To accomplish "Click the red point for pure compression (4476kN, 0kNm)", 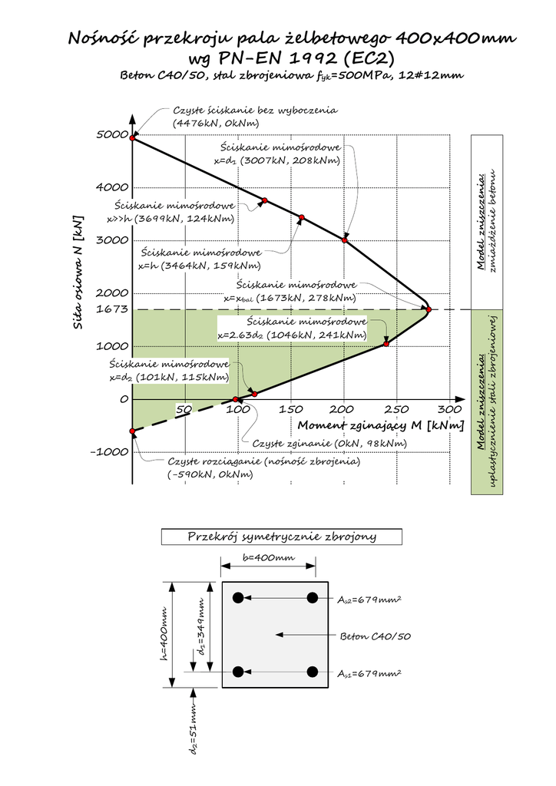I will coord(133,138).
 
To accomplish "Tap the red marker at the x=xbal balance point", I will coord(429,309).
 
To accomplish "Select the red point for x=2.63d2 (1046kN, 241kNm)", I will coord(386,343).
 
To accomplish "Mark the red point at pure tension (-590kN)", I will coord(133,431).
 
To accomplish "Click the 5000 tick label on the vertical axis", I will coord(112,135).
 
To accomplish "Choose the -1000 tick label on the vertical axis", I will coord(108,451).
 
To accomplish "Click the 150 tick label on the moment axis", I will coord(290,409).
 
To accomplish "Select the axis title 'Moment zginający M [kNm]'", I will coord(380,425).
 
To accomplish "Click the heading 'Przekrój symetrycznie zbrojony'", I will coord(282,537).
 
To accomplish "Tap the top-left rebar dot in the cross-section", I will coord(238,597).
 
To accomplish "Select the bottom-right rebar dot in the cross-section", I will coord(313,672).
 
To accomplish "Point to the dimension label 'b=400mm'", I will coord(268,557).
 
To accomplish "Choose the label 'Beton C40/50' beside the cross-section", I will coord(375,636).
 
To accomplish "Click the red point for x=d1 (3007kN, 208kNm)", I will coord(345,240).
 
